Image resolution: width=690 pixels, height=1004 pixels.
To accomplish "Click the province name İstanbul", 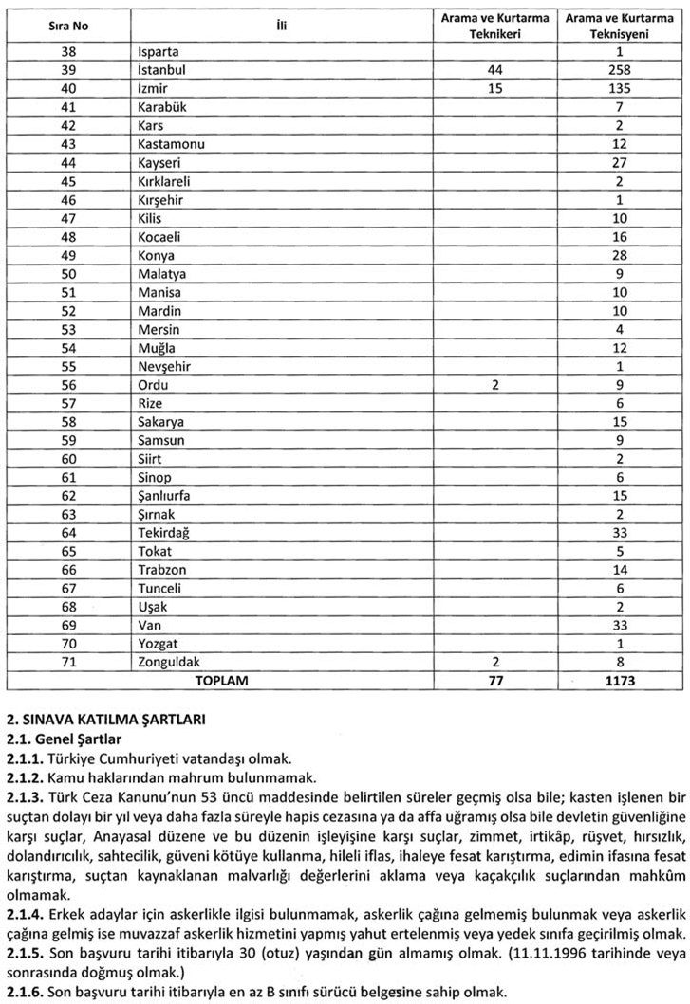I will pyautogui.click(x=162, y=70).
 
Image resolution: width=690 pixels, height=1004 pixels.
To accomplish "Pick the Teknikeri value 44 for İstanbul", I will pyautogui.click(x=494, y=70).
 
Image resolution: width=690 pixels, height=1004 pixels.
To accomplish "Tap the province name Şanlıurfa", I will pyautogui.click(x=169, y=494).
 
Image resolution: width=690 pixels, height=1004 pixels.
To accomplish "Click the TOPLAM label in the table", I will pyautogui.click(x=221, y=681).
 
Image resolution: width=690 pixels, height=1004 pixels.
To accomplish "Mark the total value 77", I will pyautogui.click(x=494, y=681).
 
